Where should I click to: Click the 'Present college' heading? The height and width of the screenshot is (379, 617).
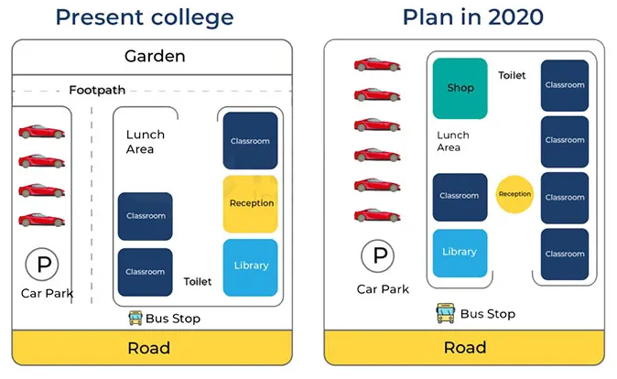click(144, 16)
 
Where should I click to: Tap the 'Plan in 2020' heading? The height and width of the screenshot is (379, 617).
click(472, 16)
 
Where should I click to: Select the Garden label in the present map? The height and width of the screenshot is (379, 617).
click(155, 57)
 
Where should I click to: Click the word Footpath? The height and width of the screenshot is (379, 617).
click(97, 90)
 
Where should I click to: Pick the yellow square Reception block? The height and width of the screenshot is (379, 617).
click(251, 203)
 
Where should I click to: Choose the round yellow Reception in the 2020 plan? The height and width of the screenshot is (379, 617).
click(514, 194)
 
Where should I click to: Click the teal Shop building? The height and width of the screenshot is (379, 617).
click(460, 88)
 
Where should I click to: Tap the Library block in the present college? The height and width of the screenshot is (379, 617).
click(251, 266)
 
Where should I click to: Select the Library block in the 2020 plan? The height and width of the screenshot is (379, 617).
click(460, 253)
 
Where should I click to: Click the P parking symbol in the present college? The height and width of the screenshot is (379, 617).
click(42, 265)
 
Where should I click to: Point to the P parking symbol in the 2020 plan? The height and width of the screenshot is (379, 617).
click(377, 255)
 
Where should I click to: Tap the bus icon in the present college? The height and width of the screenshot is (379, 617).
click(135, 318)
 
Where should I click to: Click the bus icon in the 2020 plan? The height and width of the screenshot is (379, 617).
click(446, 314)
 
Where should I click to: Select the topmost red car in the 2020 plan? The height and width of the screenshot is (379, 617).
click(377, 65)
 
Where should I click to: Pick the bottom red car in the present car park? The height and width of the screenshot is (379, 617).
click(41, 220)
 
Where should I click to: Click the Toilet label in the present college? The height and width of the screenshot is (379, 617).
click(198, 282)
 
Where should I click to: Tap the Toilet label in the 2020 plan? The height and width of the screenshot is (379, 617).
click(512, 76)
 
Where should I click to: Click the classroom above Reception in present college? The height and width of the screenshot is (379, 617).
click(250, 141)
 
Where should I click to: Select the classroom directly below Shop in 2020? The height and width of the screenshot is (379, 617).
click(460, 196)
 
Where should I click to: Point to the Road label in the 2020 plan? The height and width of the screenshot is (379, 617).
click(465, 348)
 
